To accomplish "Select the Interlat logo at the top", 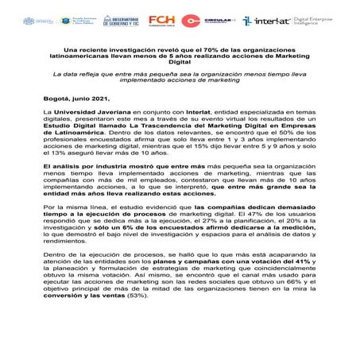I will pyautogui.click(x=268, y=20).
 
